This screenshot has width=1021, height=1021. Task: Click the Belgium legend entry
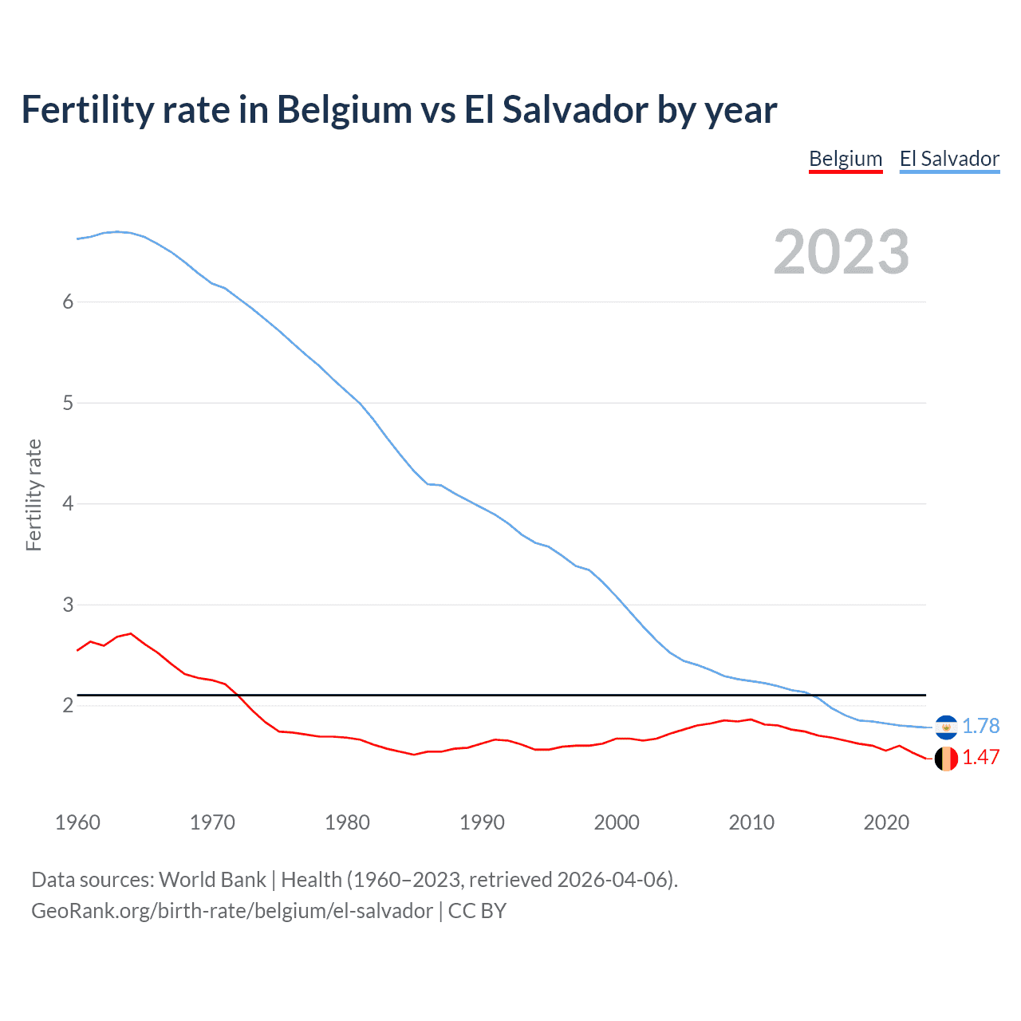coord(846,159)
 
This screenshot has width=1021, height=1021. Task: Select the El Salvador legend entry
coord(949,159)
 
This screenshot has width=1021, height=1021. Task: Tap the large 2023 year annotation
coord(841,252)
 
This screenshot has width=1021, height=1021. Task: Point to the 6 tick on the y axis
coord(68,302)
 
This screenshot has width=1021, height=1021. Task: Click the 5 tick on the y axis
coord(68,403)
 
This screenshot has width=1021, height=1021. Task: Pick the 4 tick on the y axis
coord(68,503)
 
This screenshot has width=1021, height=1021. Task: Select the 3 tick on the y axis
coord(68,605)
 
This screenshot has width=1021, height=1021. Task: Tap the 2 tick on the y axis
coord(68,705)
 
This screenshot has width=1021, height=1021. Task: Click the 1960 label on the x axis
coord(77,822)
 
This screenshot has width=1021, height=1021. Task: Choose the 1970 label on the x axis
coord(212,822)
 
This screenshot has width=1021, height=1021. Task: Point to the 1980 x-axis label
coord(347,822)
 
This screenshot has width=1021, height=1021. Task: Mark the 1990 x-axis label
coord(482,822)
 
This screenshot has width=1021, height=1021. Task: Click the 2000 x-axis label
coord(617,822)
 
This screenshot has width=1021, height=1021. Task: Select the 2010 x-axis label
coord(751,822)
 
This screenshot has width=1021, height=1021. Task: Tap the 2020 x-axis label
coord(886,822)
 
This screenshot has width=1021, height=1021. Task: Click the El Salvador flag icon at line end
coord(946,727)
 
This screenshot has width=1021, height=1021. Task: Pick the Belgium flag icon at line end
coord(946,759)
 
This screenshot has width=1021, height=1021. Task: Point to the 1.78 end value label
coord(980,726)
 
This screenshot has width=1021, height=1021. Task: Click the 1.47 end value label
coord(980,757)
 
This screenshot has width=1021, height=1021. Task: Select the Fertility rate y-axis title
coord(34,495)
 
